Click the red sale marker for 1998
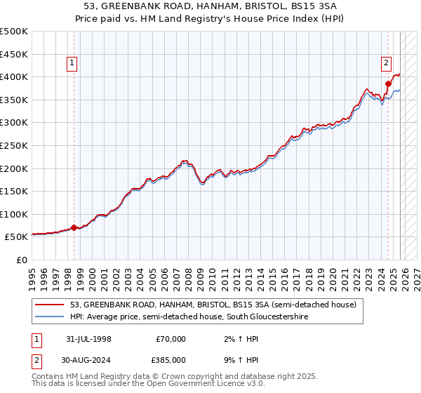tap(74, 227)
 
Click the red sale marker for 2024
tap(388, 83)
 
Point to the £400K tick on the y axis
tap(14, 76)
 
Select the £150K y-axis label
tap(14, 191)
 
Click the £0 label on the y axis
tap(22, 260)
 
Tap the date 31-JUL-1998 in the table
tap(88, 339)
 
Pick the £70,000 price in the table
tap(171, 339)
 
